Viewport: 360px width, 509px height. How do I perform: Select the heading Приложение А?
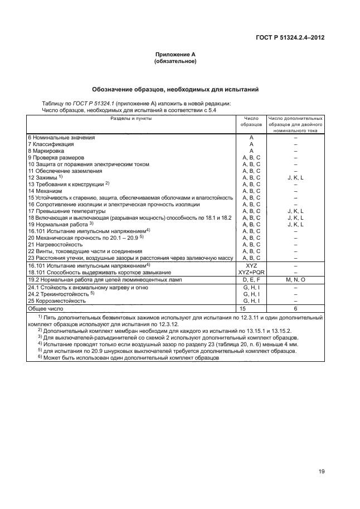175,55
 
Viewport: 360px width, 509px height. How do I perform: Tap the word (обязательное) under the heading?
175,61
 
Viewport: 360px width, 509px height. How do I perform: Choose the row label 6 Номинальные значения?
61,137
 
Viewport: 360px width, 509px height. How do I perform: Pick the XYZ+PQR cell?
251,272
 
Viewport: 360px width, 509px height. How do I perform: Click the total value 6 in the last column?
295,308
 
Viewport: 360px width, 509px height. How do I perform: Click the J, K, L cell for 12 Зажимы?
295,177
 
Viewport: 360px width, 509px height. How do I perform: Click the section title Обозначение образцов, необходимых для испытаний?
175,89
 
